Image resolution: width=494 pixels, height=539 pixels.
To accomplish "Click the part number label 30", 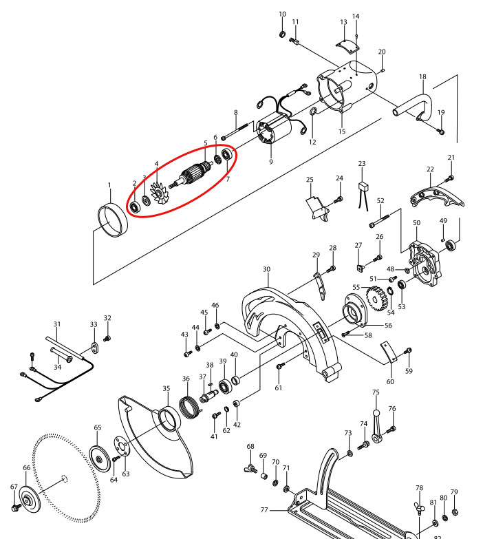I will coord(266,269).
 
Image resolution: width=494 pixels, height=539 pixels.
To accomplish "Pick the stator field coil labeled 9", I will coord(272,138).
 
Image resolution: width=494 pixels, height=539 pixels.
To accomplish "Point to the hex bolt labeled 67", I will coord(14,507).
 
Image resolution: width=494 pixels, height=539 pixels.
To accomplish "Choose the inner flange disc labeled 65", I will coord(99,459).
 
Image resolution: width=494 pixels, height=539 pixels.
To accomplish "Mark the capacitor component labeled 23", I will coord(362,187).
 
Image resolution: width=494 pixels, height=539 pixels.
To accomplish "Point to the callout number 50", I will coord(416,223).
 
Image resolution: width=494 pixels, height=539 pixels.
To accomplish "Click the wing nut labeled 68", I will coord(250,469).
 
